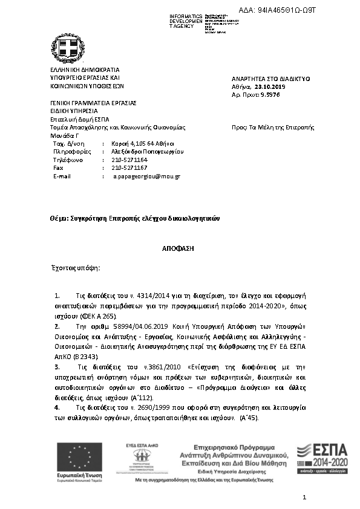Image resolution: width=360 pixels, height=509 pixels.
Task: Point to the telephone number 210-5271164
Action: pos(129,160)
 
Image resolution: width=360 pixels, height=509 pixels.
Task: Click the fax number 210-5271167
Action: pos(129,167)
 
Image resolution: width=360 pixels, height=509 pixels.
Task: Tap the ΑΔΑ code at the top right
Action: pos(291,11)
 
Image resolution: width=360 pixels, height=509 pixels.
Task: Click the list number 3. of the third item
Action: pos(57,366)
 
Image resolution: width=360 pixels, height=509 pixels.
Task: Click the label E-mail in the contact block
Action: pos(62,176)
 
